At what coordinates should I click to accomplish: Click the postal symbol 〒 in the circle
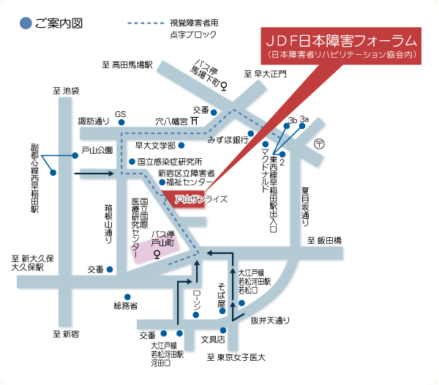point(319,145)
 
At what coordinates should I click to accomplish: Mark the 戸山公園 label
point(97,150)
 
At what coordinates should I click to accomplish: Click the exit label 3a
point(304,119)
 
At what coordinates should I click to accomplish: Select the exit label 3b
point(292,119)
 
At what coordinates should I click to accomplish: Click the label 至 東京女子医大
point(235,358)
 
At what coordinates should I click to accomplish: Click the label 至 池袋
point(65,91)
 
